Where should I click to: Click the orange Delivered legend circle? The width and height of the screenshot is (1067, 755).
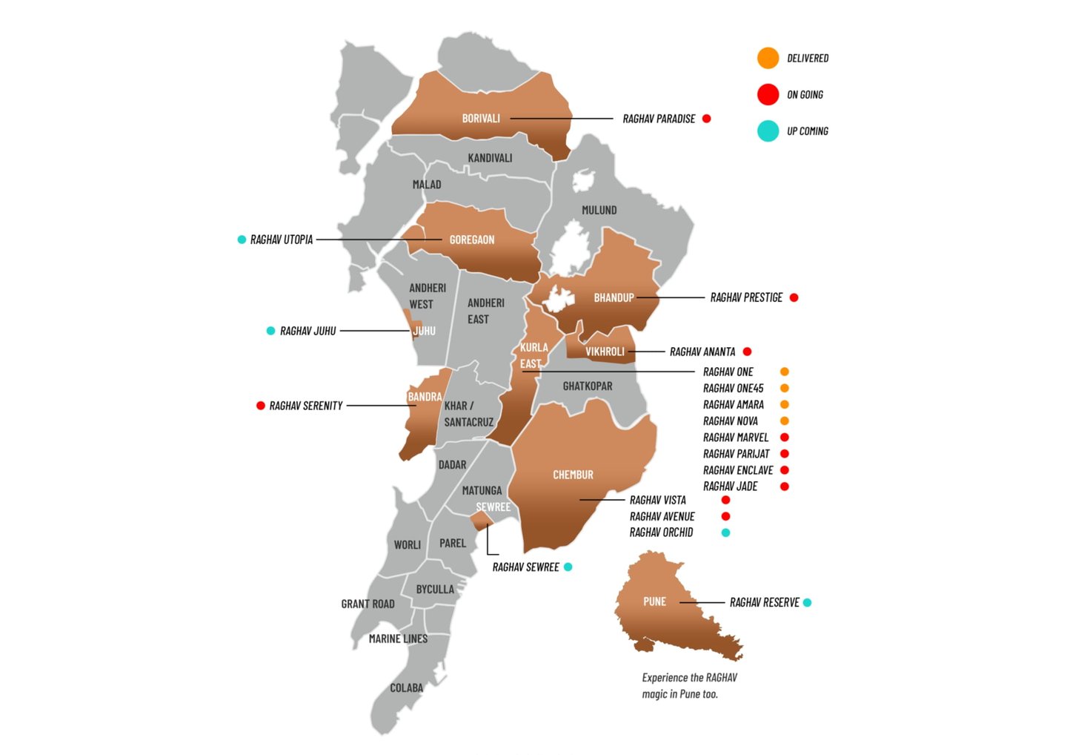[768, 58]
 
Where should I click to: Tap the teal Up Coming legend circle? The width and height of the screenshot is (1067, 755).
[768, 131]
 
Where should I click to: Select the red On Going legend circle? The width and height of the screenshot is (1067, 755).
[768, 94]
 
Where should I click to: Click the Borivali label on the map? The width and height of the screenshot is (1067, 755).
[481, 119]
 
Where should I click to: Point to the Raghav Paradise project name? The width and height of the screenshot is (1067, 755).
[659, 119]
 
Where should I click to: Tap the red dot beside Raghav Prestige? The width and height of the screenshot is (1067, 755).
[794, 297]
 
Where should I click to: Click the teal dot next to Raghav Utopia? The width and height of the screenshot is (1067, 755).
[242, 240]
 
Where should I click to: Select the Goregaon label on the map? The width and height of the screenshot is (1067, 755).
[471, 240]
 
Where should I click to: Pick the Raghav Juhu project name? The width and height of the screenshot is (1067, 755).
[308, 331]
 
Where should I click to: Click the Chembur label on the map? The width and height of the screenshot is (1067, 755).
[573, 475]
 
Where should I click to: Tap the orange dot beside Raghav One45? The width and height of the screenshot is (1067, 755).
[784, 388]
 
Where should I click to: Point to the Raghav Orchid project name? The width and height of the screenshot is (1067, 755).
[661, 533]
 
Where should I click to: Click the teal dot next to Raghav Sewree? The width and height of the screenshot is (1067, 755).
[568, 567]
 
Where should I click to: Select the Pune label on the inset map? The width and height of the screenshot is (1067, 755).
[654, 601]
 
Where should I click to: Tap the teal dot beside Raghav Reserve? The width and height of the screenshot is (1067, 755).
[807, 602]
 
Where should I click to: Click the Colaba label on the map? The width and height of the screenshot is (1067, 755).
[406, 688]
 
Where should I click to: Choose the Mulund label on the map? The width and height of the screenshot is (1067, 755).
[599, 211]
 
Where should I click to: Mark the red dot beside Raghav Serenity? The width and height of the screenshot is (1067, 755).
[260, 406]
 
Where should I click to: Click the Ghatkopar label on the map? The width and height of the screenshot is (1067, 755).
[587, 386]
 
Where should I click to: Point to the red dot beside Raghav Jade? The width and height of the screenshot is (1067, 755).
[784, 487]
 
